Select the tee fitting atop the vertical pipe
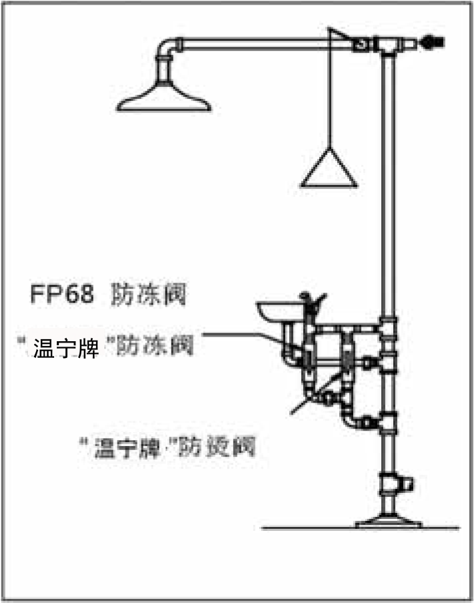point(386,44)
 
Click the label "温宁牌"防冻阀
point(107,347)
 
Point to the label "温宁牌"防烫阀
point(167,446)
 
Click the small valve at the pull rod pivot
point(361,44)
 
